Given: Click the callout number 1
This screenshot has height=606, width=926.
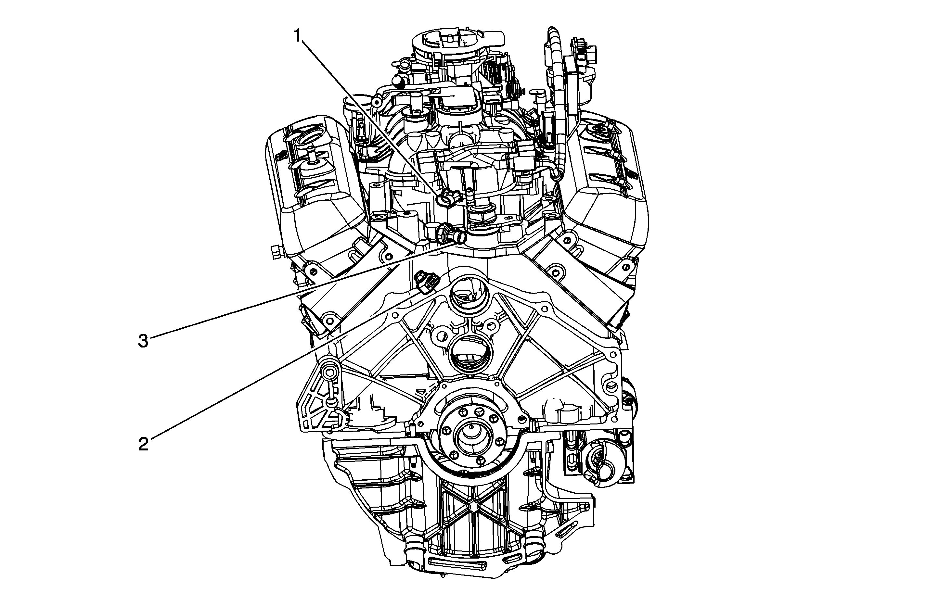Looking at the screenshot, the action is [x=298, y=36].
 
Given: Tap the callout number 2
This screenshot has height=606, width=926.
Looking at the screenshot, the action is [x=144, y=444].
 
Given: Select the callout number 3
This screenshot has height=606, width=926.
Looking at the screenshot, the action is [x=144, y=341].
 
